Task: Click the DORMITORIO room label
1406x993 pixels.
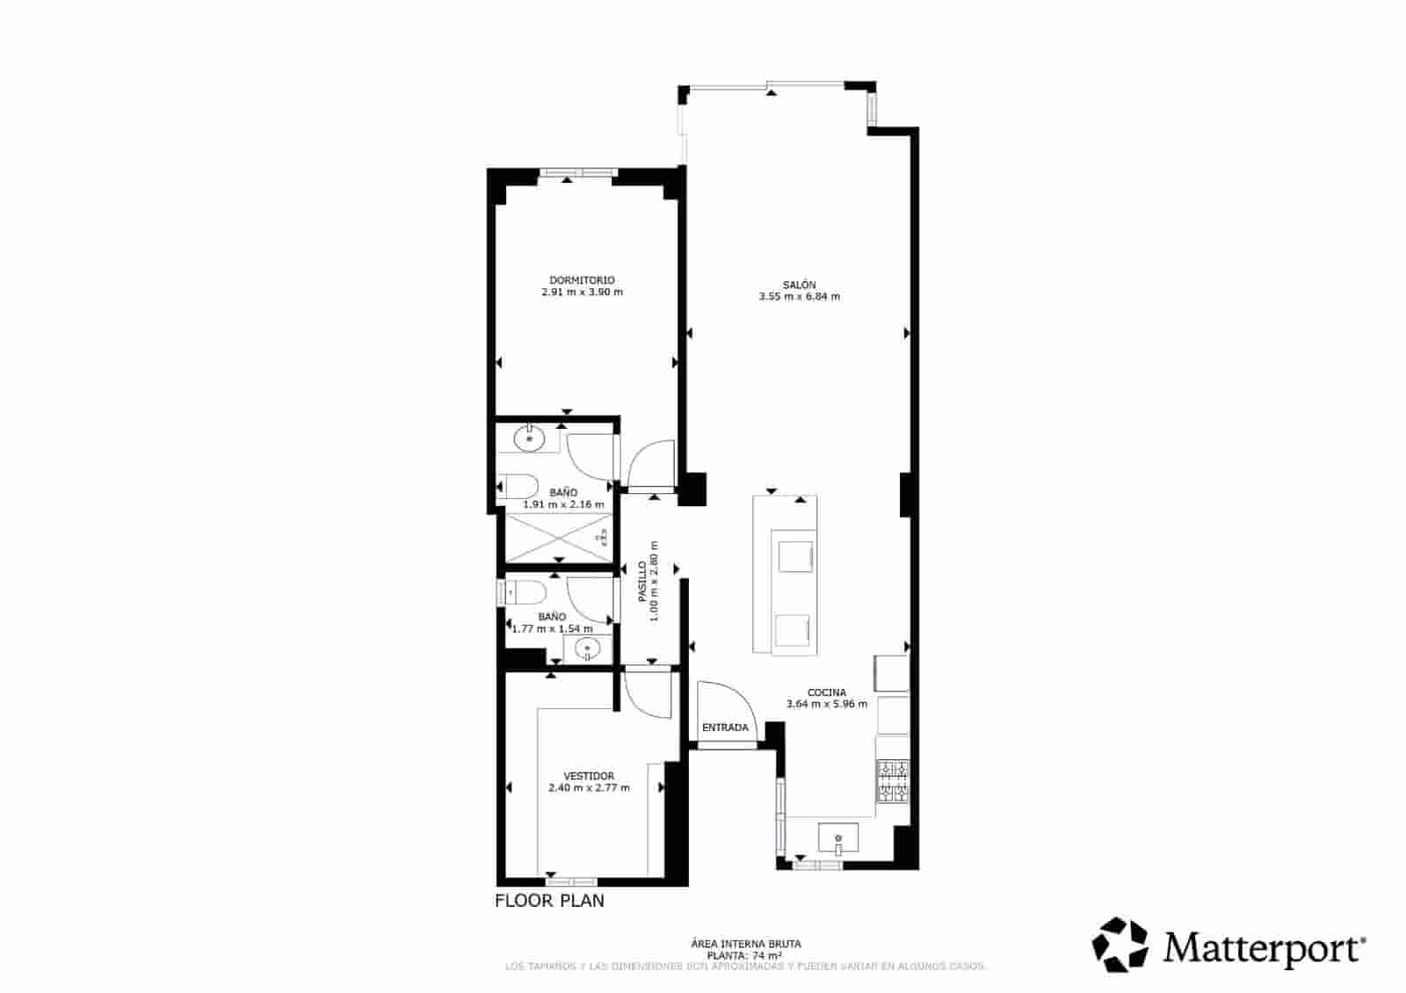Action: (x=582, y=280)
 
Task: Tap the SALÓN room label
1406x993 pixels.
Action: (x=800, y=285)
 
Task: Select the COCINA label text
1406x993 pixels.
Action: (x=827, y=692)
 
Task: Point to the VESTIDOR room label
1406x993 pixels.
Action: (x=589, y=776)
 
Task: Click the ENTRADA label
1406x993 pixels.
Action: (x=725, y=728)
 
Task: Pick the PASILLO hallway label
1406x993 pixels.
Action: (x=642, y=582)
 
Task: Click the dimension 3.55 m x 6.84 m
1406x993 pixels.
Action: (x=800, y=297)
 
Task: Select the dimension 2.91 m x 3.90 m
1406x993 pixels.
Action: (x=582, y=292)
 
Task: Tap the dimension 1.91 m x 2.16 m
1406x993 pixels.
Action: (x=564, y=504)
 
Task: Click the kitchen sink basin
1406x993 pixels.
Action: (x=838, y=837)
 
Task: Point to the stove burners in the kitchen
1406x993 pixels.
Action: (x=893, y=782)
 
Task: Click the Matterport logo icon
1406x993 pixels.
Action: (x=1120, y=945)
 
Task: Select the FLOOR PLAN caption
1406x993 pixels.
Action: (x=549, y=901)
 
